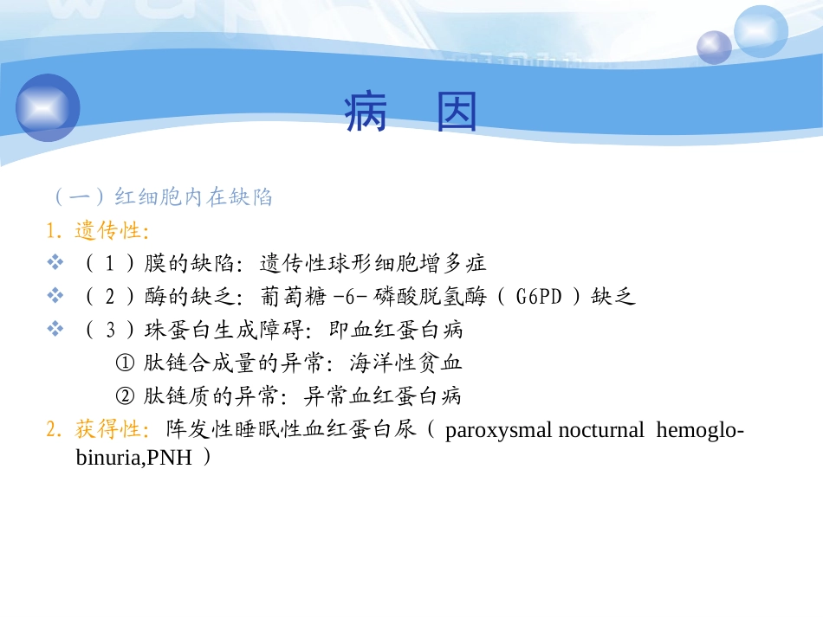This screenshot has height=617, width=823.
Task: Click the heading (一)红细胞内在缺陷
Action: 162,197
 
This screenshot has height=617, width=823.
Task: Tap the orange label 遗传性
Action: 111,230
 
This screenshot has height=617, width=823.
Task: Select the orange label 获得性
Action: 111,429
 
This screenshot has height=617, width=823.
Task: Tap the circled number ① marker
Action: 125,363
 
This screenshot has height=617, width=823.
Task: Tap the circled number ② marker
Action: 125,396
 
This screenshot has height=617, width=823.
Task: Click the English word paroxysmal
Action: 499,430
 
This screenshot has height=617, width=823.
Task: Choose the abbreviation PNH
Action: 170,458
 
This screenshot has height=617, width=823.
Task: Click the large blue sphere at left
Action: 48,108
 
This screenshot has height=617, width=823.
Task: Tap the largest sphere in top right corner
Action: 761,30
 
